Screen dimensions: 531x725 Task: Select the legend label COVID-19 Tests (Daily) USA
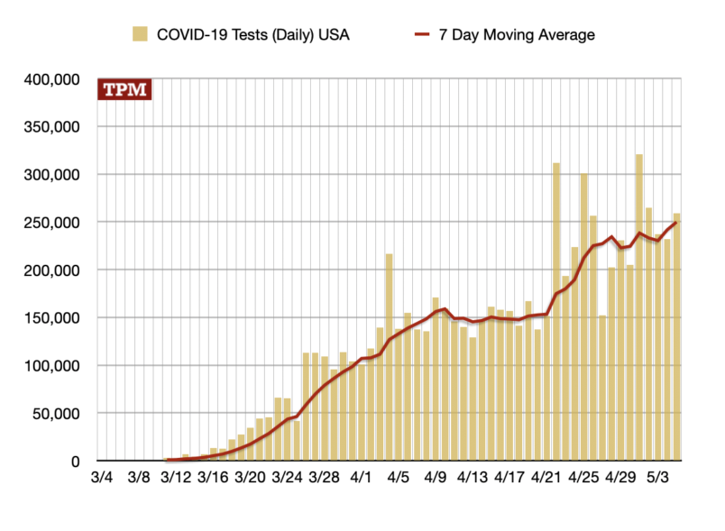click(x=253, y=35)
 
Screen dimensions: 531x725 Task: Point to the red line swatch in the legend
click(x=425, y=35)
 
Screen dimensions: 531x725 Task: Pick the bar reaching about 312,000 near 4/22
click(x=556, y=312)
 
